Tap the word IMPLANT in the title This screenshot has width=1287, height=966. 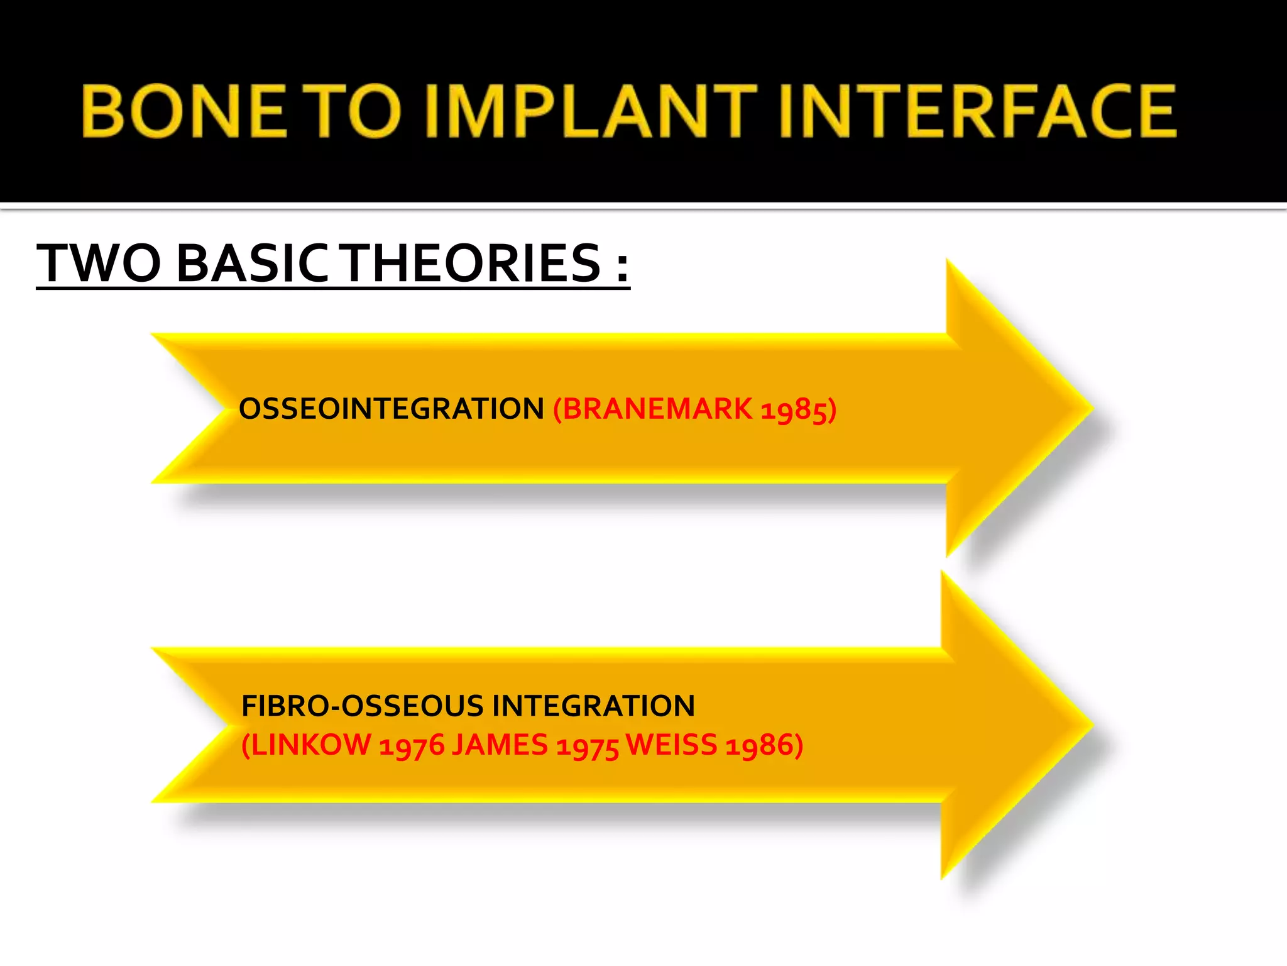(x=591, y=111)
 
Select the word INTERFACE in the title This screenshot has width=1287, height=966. (x=977, y=111)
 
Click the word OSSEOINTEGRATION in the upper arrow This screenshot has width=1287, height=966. (x=391, y=409)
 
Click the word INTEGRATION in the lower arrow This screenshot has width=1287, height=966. (x=593, y=706)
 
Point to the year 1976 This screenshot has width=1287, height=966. (x=411, y=747)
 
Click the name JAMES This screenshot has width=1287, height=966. (x=500, y=745)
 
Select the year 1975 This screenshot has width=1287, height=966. (x=588, y=747)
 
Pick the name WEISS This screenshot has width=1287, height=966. (x=671, y=745)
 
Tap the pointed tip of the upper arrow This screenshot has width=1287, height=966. (x=1091, y=408)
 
